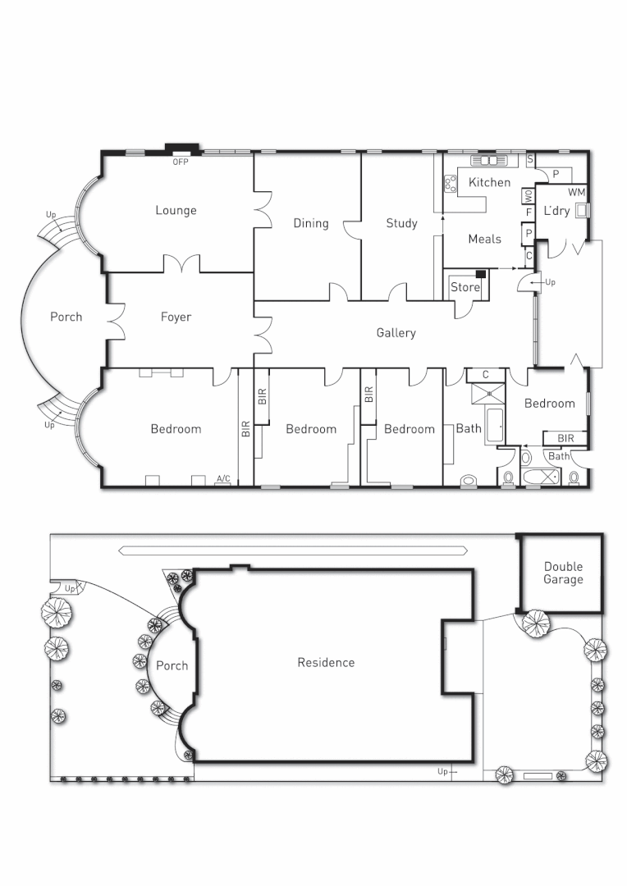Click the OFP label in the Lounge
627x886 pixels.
click(x=181, y=162)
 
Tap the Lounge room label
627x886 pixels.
click(x=176, y=211)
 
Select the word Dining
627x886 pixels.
click(x=311, y=223)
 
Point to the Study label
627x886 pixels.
click(x=401, y=223)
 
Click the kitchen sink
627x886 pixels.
click(x=489, y=160)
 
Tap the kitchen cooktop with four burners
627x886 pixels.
click(x=450, y=183)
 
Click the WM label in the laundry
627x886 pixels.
click(x=576, y=192)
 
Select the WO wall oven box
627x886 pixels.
click(x=529, y=196)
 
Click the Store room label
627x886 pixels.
click(x=465, y=288)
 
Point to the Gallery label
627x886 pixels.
click(x=396, y=333)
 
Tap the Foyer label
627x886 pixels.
click(x=176, y=317)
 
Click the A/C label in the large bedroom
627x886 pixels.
click(x=222, y=478)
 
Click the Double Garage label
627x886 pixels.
click(x=563, y=573)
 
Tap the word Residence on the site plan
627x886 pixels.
click(x=326, y=662)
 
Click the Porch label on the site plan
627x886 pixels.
click(x=172, y=665)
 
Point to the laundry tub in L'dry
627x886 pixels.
click(x=582, y=210)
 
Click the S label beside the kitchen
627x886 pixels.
click(x=530, y=158)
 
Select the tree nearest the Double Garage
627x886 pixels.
click(x=534, y=623)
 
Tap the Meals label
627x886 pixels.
click(x=484, y=240)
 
